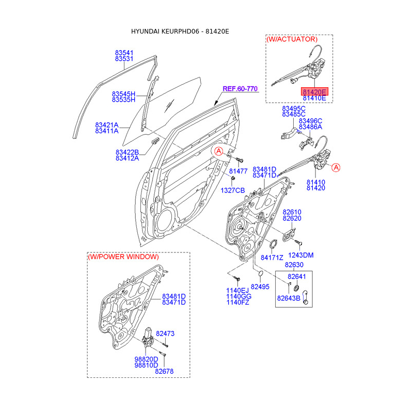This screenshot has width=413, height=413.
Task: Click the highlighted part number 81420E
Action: pos(314,92)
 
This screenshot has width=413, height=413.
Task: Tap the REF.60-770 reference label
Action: pos(240,89)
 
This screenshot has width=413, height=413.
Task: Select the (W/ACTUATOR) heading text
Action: pos(292,39)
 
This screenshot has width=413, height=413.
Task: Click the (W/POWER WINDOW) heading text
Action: pos(123,257)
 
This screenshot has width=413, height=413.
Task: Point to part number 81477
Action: pos(238,171)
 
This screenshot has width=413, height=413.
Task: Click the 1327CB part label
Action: pos(233,190)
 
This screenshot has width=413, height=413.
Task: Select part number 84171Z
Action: pos(272,258)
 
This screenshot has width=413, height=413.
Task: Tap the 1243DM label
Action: pos(301,255)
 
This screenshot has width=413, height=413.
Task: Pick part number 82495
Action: pos(260,287)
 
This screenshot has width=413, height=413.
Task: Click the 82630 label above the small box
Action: pos(294,265)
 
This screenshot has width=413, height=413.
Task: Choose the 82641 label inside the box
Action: pos(296,276)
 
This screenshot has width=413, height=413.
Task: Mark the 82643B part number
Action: pos(289,298)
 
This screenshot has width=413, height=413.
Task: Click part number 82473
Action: pos(165,333)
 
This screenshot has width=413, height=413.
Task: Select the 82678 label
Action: pos(164,371)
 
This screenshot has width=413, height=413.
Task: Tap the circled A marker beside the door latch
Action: pos(336,167)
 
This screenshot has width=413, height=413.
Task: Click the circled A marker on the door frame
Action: pos(218,151)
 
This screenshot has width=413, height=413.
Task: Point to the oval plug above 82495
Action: pos(261,274)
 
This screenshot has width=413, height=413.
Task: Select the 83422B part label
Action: pos(127,152)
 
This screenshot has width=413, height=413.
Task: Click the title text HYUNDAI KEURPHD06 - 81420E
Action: pos(180,31)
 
